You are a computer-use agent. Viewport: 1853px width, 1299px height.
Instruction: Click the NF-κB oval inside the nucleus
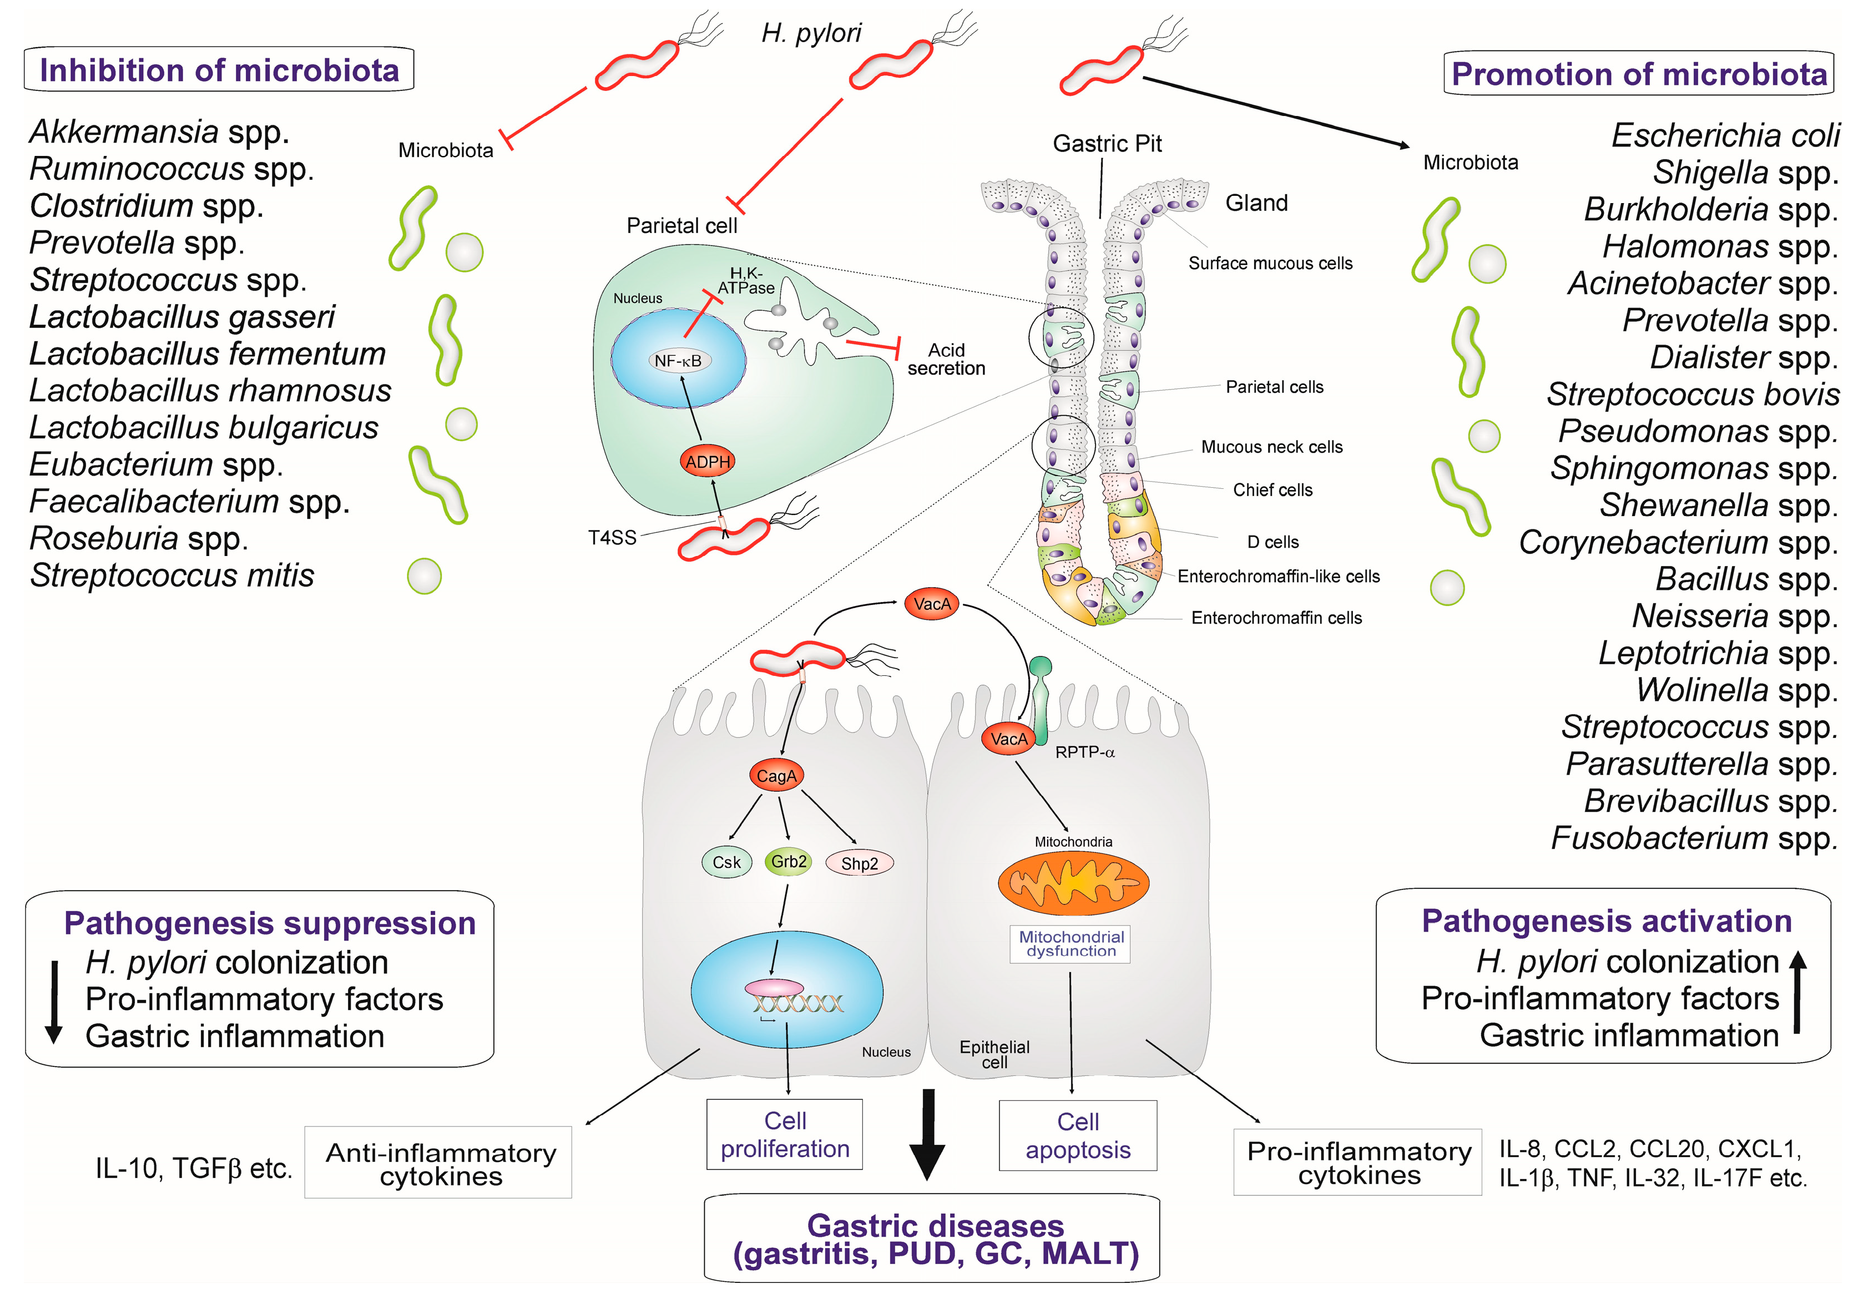(x=678, y=361)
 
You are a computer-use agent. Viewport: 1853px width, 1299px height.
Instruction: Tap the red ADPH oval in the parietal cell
(x=707, y=462)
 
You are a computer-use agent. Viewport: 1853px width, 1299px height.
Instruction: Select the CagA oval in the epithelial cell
(x=776, y=775)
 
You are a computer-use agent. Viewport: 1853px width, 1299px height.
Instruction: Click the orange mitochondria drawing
(x=1073, y=883)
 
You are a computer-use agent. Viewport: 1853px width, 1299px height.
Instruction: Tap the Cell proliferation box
(x=785, y=1134)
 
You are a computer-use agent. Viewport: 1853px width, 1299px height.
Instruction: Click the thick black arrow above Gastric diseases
(x=927, y=1134)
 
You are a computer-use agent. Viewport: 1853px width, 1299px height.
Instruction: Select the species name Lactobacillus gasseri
(x=181, y=317)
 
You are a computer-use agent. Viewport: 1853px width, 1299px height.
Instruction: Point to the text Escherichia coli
(x=1725, y=135)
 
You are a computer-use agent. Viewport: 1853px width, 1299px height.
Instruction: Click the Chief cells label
(x=1272, y=490)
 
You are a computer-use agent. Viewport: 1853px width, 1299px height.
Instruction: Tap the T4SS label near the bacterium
(x=612, y=537)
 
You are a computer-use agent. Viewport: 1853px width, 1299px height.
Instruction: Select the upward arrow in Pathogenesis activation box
(x=1798, y=992)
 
